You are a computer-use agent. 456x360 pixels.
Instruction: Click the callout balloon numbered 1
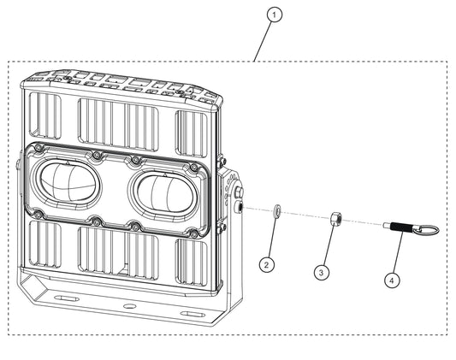[275, 15]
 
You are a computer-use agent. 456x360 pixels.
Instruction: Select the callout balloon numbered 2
[267, 265]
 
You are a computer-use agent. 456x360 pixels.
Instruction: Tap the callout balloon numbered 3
[322, 273]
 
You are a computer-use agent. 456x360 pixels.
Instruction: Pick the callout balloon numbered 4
[392, 280]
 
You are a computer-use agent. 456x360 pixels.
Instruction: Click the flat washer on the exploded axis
[277, 210]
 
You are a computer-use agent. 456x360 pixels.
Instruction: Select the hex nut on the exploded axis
[335, 219]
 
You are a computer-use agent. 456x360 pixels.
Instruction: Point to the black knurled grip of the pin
[401, 227]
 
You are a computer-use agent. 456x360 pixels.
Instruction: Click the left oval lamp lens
[68, 182]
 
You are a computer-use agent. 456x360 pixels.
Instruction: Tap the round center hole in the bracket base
[130, 306]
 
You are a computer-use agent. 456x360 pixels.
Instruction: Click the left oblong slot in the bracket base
[67, 298]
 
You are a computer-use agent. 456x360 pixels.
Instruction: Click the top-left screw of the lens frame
[38, 149]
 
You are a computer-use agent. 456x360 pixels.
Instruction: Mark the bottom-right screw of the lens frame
[193, 233]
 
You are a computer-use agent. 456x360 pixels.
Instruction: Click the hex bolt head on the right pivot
[239, 192]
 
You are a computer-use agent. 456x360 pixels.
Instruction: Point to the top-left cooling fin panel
[45, 115]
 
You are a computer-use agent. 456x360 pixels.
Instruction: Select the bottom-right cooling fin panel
[192, 262]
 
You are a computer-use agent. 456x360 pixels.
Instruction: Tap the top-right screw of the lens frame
[193, 167]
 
